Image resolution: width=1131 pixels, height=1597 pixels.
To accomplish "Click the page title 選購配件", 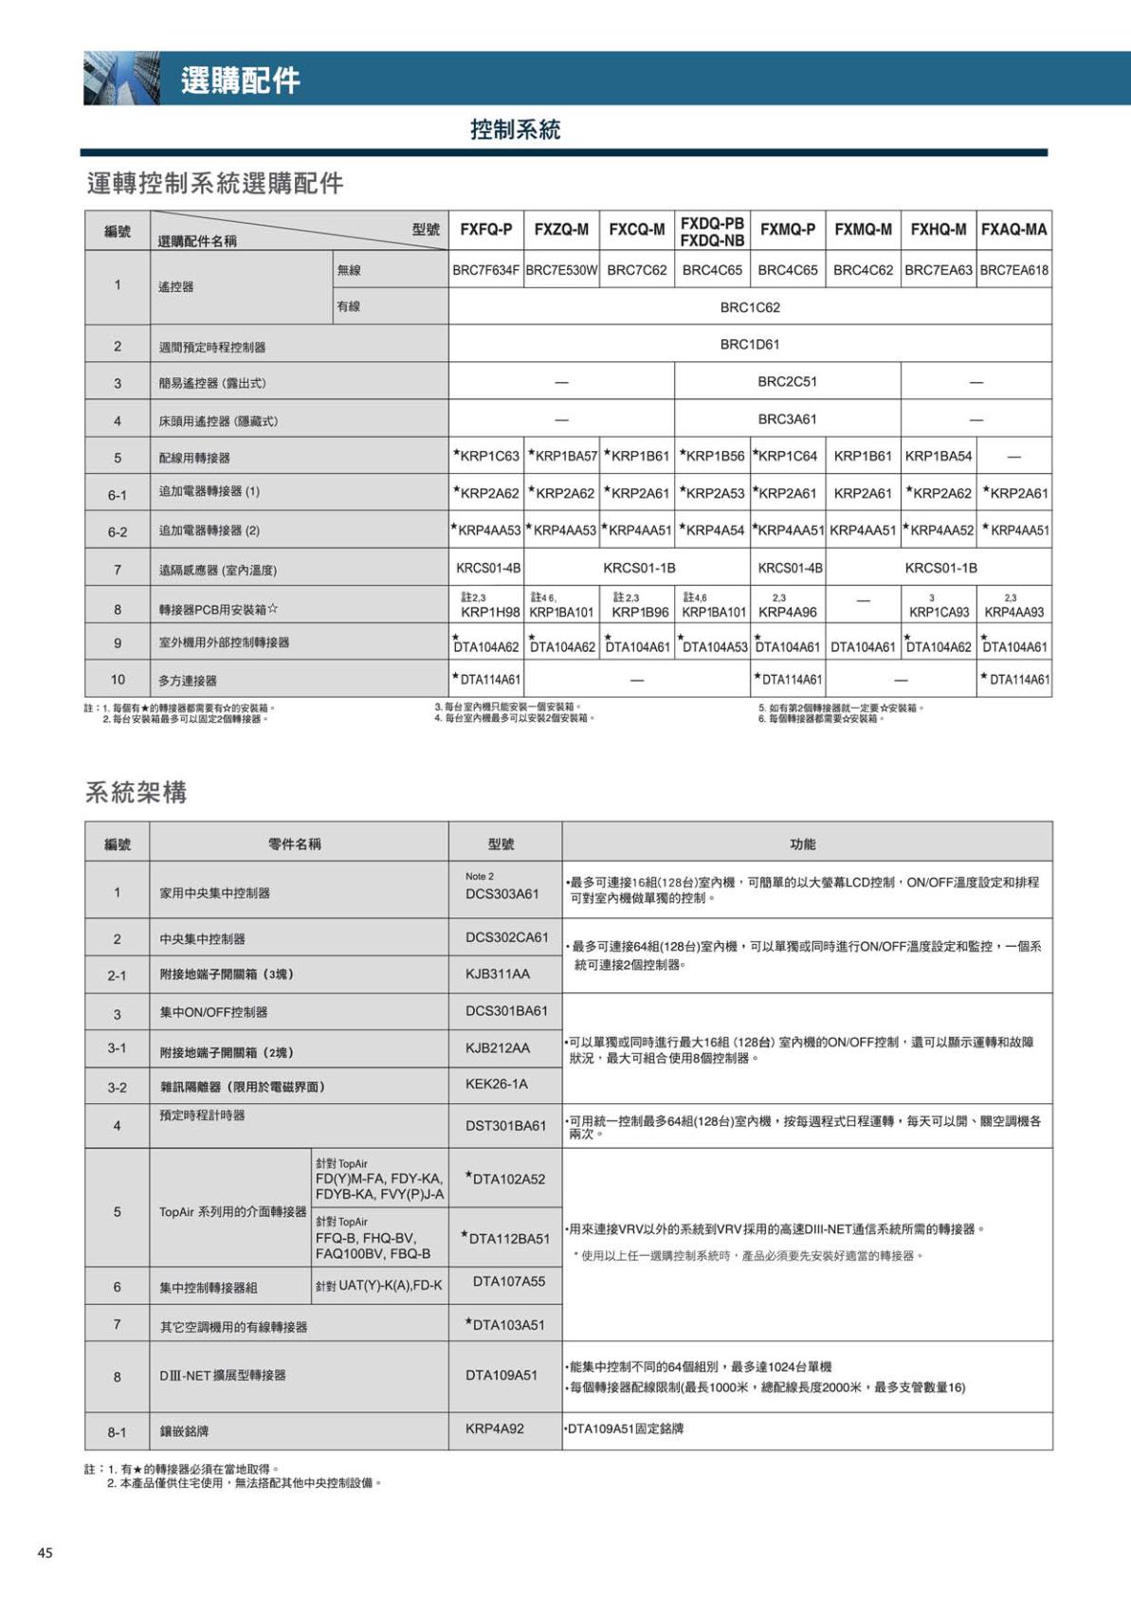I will click(241, 81).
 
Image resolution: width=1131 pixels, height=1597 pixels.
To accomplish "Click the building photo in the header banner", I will click(121, 79).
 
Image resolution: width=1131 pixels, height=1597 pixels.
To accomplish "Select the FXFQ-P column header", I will click(485, 230).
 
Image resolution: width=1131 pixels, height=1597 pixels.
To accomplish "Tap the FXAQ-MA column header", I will click(1013, 230).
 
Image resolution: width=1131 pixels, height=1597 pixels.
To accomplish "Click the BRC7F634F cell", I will click(485, 270).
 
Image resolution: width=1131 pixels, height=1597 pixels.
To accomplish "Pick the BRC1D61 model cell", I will click(749, 344).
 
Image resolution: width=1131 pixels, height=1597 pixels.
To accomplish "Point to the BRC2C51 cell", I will click(787, 382).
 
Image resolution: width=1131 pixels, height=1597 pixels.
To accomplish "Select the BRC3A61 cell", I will click(787, 419).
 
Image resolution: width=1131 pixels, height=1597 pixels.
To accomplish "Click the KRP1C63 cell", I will click(487, 456).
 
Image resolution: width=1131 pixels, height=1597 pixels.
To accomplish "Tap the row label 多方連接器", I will click(188, 681).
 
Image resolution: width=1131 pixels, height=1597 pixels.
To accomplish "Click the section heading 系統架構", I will click(137, 792).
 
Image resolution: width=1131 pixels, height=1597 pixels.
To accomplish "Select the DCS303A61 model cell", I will click(502, 894).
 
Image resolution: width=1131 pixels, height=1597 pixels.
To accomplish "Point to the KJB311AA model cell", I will click(498, 973).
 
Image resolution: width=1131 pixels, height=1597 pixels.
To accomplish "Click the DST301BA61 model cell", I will click(505, 1126).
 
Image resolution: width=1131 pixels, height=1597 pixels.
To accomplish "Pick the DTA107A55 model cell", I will click(509, 1281).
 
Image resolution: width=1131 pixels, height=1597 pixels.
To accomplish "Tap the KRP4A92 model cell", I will click(494, 1428).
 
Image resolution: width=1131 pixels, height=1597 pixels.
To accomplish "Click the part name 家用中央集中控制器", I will click(215, 893).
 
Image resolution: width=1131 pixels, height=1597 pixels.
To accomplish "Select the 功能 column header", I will click(802, 844).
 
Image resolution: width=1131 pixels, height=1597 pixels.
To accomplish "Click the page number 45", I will click(46, 1552).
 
